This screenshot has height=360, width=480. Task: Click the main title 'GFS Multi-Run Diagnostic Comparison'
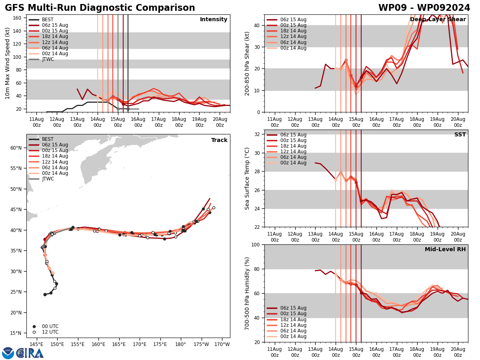point(100,8)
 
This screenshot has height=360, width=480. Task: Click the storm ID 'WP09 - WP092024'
point(424,8)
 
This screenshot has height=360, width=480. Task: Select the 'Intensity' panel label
point(214,20)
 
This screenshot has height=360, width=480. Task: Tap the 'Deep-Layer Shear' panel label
point(438,20)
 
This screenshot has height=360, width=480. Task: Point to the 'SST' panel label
point(460,135)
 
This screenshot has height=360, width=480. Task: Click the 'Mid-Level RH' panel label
point(445,250)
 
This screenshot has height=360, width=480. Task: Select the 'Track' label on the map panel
point(219,140)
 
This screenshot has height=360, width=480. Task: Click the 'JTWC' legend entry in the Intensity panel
point(48,59)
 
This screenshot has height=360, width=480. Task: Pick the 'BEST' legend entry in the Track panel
point(48,139)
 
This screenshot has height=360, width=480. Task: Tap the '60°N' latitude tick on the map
point(16,148)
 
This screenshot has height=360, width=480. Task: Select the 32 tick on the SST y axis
point(257,134)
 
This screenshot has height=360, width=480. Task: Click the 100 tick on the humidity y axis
point(255,244)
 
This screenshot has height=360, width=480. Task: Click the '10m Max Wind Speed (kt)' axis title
point(8,63)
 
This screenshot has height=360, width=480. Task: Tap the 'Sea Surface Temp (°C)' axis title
point(247,178)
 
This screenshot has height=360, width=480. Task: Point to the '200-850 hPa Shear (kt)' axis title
point(247,63)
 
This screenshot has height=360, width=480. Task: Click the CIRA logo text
point(30,353)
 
